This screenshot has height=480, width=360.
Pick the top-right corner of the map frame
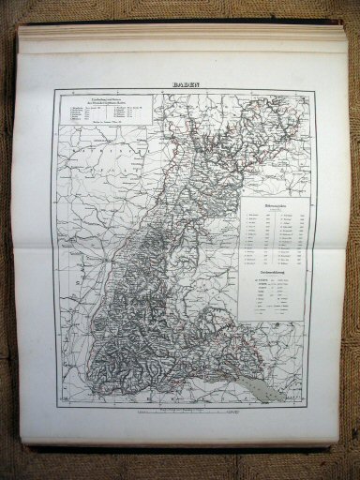(x=313, y=90)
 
